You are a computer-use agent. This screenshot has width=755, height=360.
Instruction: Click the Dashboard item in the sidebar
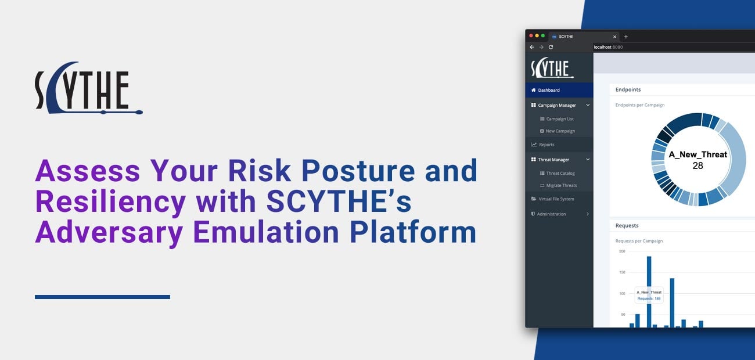549,90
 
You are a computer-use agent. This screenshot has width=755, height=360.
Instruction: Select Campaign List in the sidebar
559,119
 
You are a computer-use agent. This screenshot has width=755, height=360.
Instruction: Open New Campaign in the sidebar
560,131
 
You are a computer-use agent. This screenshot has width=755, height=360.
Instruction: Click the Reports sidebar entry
546,145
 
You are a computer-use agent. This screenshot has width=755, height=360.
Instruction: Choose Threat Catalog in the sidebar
560,173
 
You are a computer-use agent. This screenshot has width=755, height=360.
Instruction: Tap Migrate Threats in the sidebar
561,185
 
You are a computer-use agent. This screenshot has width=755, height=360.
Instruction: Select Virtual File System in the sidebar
556,199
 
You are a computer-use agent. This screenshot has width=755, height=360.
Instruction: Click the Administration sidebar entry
551,214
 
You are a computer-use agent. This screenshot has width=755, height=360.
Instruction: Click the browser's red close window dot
531,36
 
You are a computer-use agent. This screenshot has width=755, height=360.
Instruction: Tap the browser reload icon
551,47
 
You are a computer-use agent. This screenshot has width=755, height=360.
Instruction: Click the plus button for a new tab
625,37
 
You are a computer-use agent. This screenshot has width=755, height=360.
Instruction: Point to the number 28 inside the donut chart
698,165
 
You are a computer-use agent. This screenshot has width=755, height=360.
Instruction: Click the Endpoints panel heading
628,89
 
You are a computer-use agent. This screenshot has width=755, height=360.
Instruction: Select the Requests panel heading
627,225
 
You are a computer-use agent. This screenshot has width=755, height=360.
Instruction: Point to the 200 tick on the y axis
622,251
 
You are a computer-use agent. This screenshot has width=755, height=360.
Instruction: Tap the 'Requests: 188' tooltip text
649,298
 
